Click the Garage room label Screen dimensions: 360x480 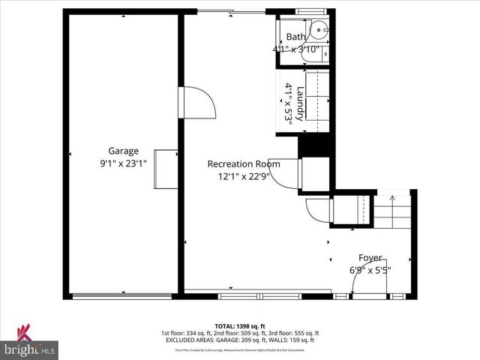[123, 151]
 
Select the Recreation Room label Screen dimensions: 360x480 [244, 164]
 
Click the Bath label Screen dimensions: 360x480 [296, 37]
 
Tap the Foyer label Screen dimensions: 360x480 [370, 257]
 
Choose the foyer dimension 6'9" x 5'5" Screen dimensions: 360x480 [370, 270]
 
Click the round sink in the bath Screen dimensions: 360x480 [318, 31]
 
